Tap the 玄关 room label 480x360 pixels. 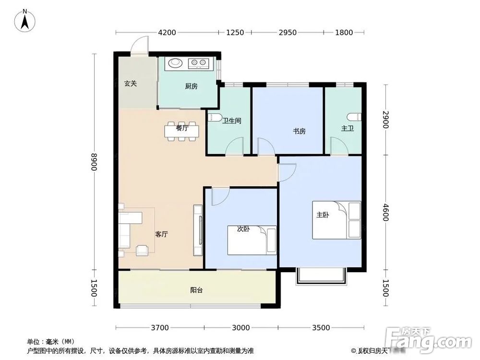click(x=131, y=84)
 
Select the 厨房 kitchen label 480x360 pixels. click(x=191, y=86)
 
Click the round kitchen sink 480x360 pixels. click(x=174, y=62)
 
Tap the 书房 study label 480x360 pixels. click(x=299, y=131)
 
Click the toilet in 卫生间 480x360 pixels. click(x=214, y=118)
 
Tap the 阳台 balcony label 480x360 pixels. click(x=196, y=290)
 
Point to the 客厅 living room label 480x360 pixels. click(x=161, y=234)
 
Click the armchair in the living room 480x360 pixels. click(x=143, y=250)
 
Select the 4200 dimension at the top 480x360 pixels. click(x=167, y=33)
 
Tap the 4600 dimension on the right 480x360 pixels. click(x=385, y=212)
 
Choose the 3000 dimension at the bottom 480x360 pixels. click(x=241, y=328)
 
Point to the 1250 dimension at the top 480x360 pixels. click(x=235, y=33)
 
